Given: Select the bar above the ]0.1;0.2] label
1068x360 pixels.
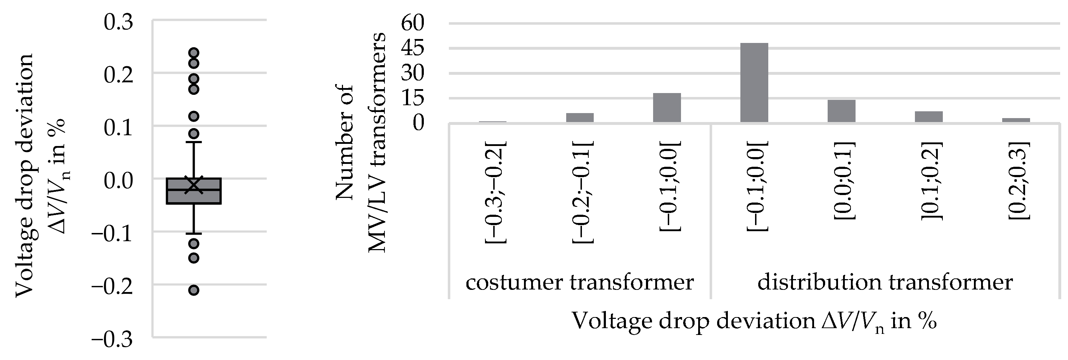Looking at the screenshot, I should [929, 117].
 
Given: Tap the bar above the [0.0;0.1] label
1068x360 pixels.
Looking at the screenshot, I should [841, 111].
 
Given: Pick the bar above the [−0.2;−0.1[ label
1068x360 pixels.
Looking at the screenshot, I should [580, 118].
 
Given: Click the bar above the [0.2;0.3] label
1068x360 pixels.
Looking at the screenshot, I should [1016, 120].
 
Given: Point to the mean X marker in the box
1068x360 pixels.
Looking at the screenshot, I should [193, 185].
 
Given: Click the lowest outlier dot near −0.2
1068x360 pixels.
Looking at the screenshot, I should [193, 290].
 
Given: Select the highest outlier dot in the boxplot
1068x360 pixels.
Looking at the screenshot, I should [193, 53].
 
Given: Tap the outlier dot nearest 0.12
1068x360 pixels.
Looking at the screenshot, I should [193, 116].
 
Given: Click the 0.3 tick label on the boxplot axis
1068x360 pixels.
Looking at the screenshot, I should [118, 22].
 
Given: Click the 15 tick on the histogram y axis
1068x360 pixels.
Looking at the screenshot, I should [412, 98].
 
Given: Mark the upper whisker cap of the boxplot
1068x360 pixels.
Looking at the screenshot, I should [193, 142].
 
